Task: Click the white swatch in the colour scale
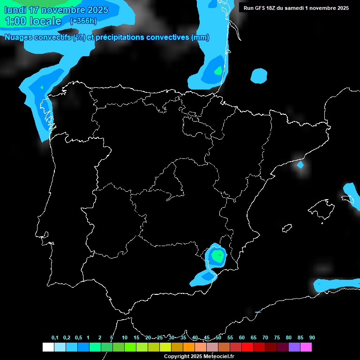tap(48, 347)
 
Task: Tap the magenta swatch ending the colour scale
tap(306, 347)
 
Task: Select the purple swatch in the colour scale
tap(294, 347)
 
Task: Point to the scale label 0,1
tap(55, 337)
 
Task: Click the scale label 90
tap(312, 337)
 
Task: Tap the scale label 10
tap(124, 337)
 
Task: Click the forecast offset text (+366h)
tap(84, 21)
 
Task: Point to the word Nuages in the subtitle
tap(18, 37)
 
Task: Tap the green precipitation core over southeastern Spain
tap(217, 255)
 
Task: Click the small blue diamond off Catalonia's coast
tap(300, 165)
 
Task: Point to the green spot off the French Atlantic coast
tap(218, 71)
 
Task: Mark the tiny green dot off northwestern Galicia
tap(42, 87)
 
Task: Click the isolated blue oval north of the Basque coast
tap(259, 75)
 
